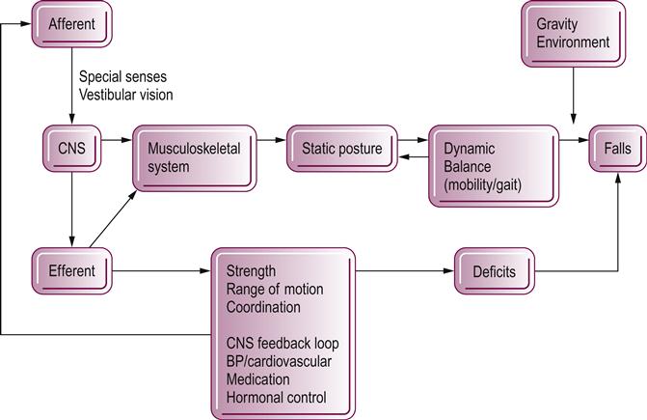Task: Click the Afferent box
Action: pyautogui.click(x=71, y=23)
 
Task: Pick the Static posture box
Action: pyautogui.click(x=341, y=149)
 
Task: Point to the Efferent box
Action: pyautogui.click(x=71, y=271)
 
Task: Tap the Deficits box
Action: pyautogui.click(x=493, y=271)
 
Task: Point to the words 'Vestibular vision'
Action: pyautogui.click(x=126, y=94)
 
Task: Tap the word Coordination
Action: pyautogui.click(x=263, y=307)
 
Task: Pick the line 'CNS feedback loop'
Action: pyautogui.click(x=283, y=343)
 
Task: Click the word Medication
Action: pyautogui.click(x=257, y=379)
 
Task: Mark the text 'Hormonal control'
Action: pyautogui.click(x=275, y=398)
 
